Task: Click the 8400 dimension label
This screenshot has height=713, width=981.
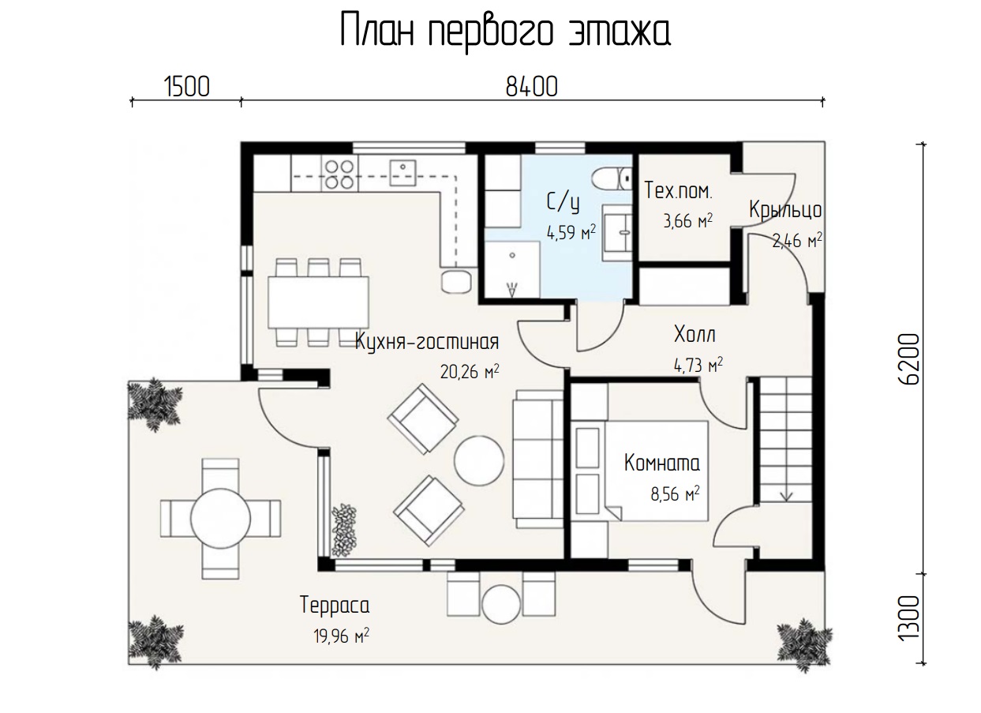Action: tap(532, 87)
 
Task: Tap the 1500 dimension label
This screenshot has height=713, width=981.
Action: tap(187, 87)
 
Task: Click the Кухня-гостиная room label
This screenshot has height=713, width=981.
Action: tap(427, 341)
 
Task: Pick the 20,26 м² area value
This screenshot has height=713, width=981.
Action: tap(470, 372)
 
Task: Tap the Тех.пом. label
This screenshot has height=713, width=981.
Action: tap(679, 191)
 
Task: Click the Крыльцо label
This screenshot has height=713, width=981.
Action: tap(785, 210)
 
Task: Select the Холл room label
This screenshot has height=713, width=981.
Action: tap(695, 334)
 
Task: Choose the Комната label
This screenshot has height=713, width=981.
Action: tap(662, 463)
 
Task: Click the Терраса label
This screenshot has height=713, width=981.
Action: tap(335, 605)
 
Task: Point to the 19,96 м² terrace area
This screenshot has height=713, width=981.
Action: tap(341, 636)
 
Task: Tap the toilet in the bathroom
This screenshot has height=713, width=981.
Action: tap(612, 178)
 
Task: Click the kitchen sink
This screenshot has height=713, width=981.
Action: tap(403, 173)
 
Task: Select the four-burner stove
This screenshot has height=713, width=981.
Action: tap(339, 174)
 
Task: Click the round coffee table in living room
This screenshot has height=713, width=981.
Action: tap(479, 460)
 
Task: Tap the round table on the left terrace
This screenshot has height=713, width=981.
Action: tap(220, 519)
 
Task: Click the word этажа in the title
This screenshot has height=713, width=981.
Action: tap(619, 32)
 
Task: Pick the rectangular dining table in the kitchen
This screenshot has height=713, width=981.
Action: tap(318, 302)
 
